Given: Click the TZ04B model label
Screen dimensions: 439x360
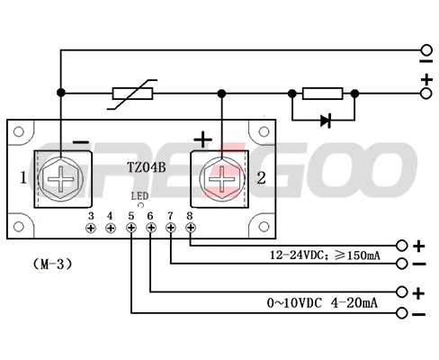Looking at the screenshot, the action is pos(147,167).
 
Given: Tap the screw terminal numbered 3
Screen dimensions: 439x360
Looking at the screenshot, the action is pos(91,228).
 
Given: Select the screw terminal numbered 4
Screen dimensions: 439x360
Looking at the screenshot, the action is pos(111,228).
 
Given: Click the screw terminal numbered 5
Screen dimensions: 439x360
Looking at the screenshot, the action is pos(131,228).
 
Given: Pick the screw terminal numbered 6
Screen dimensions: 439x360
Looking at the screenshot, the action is pos(151,228).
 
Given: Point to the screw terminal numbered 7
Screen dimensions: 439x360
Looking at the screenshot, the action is pos(171,228).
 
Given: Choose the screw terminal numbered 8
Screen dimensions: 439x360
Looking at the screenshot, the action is pos(191,228).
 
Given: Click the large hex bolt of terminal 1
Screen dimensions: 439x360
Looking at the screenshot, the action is pos(61,179).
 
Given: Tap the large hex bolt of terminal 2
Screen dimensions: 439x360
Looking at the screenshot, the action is pos(222,179).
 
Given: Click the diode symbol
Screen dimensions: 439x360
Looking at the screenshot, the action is pos(326,121).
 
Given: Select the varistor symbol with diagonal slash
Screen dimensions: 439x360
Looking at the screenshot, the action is pos(132,94).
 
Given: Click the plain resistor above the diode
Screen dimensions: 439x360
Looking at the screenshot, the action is pos(323,94).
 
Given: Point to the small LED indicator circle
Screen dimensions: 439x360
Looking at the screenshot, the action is pos(140,205).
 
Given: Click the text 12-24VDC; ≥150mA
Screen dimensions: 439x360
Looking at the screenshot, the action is pos(325,256).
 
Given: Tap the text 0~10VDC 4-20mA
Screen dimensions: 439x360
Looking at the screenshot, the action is pos(322,303).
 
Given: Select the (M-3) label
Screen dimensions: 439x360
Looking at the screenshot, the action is pos(52,264).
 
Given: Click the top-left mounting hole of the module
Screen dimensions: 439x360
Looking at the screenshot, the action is pos(19,131).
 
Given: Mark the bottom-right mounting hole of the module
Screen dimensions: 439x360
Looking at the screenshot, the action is pos(264,227).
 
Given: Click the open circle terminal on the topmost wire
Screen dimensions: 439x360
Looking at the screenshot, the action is pos(426,49).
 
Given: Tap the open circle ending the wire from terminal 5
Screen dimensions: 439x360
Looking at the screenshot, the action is pos(401,313).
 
